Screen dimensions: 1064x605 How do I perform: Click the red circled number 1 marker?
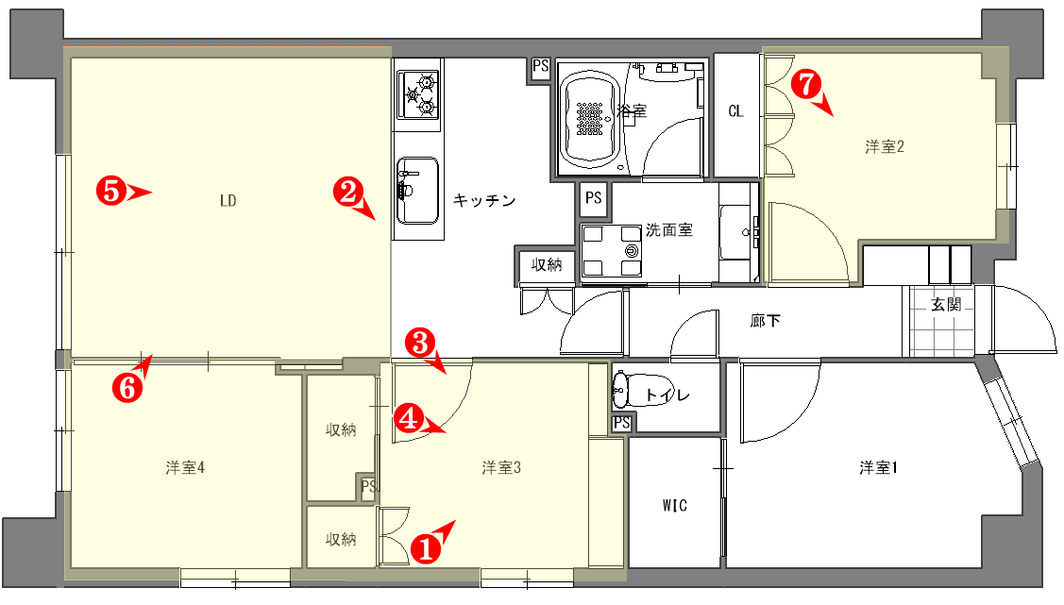426,548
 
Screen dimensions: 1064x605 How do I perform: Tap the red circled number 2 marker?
348,192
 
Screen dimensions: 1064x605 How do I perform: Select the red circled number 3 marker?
420,343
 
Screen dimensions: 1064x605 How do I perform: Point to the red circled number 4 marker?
409,418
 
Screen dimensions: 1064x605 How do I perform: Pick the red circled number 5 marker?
110,191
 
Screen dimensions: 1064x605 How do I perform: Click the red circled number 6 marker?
127,388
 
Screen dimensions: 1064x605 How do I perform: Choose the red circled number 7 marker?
805,85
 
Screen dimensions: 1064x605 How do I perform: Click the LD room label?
228,201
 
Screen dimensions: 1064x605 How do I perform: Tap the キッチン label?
484,200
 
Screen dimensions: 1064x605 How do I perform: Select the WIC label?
674,505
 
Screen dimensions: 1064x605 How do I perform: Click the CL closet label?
735,111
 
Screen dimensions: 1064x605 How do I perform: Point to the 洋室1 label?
878,467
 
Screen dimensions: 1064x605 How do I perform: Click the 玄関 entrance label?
946,305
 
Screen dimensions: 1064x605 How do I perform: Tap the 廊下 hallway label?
766,320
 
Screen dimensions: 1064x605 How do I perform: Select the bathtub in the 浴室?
590,118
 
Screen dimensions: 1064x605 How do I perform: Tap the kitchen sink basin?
417,191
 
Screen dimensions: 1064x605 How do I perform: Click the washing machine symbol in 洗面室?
612,251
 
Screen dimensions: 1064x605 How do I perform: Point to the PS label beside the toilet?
621,423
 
